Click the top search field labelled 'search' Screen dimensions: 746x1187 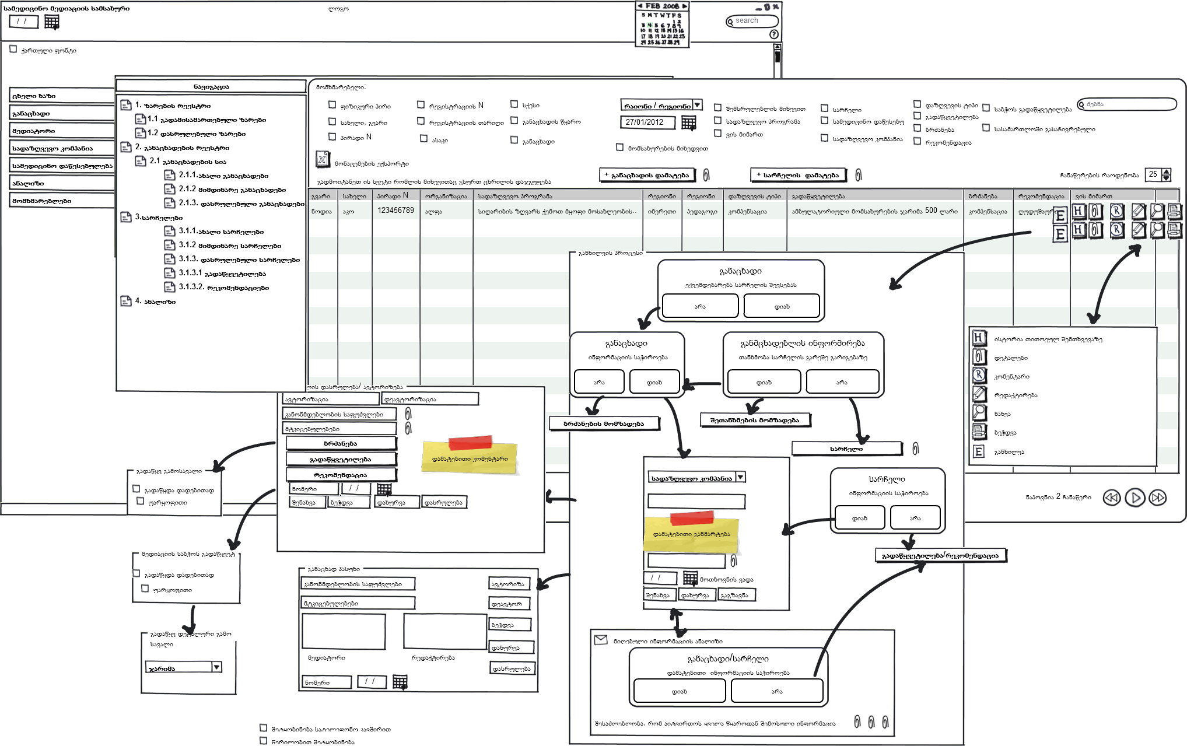(753, 21)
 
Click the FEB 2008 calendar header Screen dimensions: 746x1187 (662, 6)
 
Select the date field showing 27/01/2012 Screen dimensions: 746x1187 (646, 122)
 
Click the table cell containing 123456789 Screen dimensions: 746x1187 (395, 211)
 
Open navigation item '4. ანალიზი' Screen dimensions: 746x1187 (155, 302)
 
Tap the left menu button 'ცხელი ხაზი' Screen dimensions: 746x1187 (61, 96)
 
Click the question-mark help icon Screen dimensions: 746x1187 (774, 34)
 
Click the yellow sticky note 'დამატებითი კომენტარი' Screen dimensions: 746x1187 (470, 458)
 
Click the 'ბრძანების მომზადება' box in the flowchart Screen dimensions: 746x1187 (604, 423)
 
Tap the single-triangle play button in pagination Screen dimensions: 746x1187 (1135, 498)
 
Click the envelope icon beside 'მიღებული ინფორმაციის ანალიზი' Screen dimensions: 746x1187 (600, 640)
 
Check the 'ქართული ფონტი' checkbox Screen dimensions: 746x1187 (13, 50)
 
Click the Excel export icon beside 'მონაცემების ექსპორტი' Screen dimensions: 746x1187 (323, 159)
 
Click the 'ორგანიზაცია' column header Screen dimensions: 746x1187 (446, 196)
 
